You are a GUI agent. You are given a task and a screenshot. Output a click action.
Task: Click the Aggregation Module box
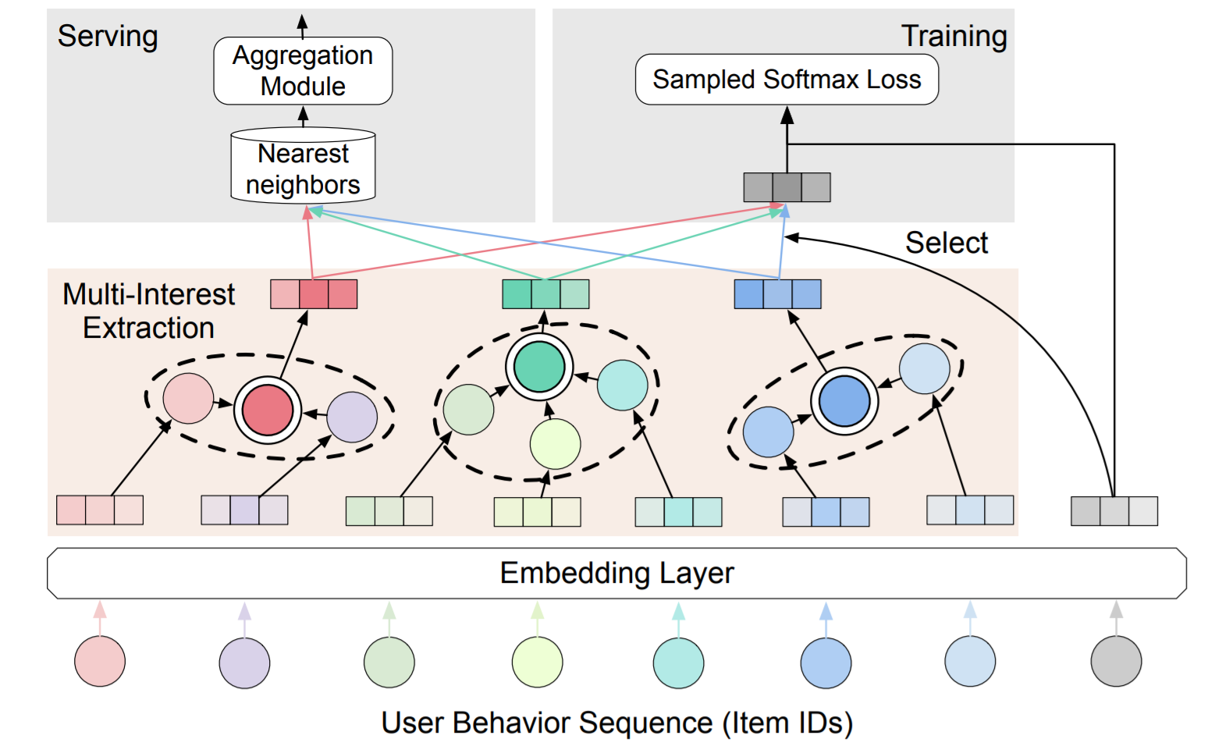303,71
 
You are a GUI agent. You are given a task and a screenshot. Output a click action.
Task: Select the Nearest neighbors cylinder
303,165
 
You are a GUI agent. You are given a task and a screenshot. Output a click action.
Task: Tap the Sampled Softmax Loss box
787,80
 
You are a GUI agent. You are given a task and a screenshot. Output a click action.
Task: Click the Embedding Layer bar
617,573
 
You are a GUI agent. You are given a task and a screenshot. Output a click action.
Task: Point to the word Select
947,242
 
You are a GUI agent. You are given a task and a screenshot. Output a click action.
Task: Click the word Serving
108,37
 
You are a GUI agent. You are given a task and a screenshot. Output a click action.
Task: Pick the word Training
954,37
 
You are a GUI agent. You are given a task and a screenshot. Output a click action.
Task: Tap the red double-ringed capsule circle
268,410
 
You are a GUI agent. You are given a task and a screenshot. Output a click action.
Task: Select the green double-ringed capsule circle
539,367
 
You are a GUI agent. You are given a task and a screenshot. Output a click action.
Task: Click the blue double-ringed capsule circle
844,401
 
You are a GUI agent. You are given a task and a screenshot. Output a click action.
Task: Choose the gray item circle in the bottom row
1117,661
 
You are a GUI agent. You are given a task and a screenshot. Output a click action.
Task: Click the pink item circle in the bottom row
100,661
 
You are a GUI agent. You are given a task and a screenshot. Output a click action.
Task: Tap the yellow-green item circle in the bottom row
537,662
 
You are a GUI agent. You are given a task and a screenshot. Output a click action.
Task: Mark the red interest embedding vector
314,294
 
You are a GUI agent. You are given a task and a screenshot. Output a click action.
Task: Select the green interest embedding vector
545,294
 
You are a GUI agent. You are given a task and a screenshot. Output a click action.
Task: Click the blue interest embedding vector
778,294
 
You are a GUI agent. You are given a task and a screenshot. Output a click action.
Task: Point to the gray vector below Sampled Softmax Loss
787,187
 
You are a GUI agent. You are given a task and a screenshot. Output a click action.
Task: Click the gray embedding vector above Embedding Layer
1114,511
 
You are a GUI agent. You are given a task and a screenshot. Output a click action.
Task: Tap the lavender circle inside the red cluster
352,417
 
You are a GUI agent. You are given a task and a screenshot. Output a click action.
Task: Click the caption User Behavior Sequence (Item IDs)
617,723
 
